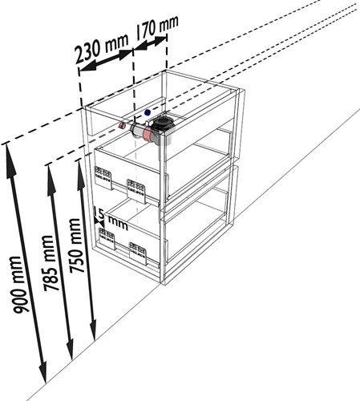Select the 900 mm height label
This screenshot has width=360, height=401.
18,285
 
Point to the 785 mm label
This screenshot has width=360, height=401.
49,263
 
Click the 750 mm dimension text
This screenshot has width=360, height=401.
75,246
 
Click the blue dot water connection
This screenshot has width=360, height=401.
148,112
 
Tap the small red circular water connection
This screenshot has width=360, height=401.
122,125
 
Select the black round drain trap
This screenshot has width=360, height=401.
163,124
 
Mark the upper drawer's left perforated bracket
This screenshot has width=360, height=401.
103,177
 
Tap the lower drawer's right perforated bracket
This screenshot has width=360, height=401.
138,253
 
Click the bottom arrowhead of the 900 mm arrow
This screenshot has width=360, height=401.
43,373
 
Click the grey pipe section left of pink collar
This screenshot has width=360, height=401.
137,130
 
